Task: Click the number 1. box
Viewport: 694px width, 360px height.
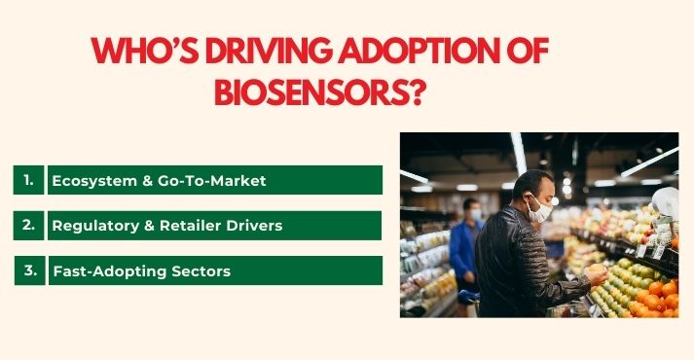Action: point(29,180)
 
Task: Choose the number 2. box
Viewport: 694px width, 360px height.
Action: point(29,225)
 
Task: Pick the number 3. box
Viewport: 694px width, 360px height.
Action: point(29,270)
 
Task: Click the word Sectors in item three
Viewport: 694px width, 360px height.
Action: point(200,271)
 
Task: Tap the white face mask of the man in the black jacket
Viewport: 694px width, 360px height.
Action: point(541,208)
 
